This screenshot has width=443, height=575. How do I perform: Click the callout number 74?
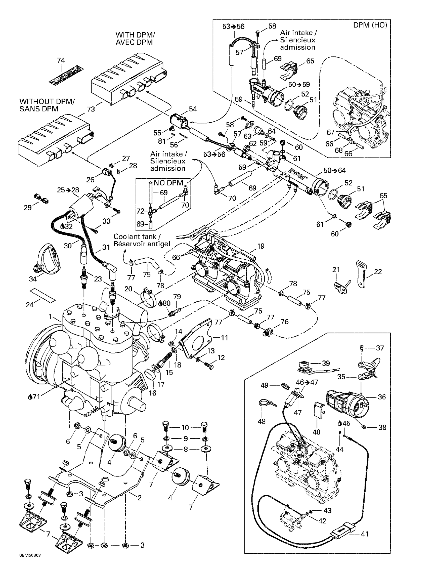[61, 60]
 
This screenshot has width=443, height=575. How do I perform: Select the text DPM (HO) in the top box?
[370, 25]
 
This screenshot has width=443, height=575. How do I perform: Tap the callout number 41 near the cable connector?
[365, 534]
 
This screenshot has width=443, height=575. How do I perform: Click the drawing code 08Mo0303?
[30, 562]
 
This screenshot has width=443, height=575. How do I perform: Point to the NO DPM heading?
[168, 183]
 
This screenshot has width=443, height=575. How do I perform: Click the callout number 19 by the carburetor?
[261, 246]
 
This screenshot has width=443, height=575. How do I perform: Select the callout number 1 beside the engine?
[50, 317]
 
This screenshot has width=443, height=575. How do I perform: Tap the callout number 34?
[33, 279]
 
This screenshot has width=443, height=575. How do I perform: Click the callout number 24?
[29, 305]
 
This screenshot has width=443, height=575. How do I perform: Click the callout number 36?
[382, 397]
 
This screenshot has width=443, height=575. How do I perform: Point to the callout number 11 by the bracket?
[224, 338]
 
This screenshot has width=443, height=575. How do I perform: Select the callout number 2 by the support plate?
[139, 498]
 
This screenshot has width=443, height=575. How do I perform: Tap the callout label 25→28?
[68, 190]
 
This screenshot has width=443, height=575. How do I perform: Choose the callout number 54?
[193, 109]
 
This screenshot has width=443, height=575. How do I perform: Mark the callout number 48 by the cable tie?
[261, 421]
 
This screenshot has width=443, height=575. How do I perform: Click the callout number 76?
[285, 321]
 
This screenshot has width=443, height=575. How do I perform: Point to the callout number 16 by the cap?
[152, 393]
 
